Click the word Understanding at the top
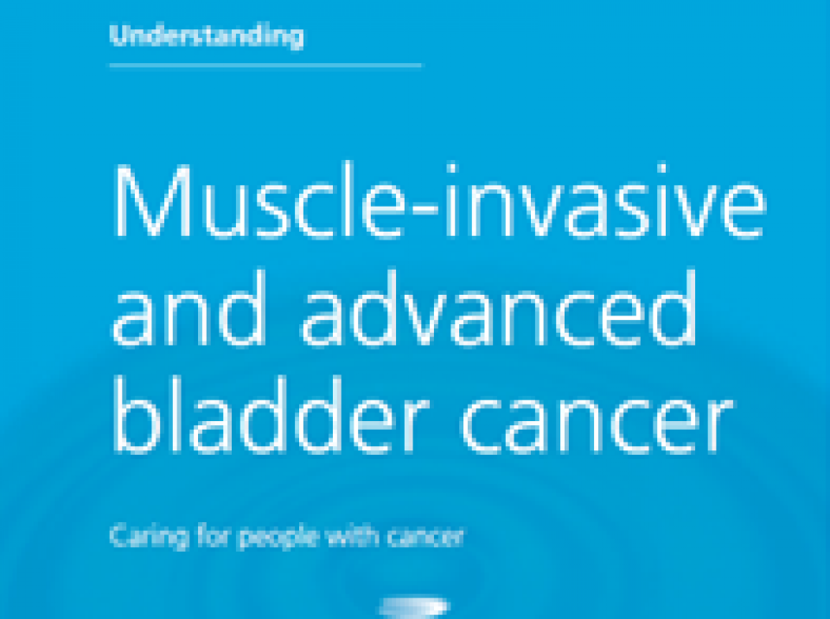pos(207,36)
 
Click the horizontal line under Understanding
pos(265,66)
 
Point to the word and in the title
pos(189,307)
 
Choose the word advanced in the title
pos(499,307)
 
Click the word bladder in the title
pos(271,415)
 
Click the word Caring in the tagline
pos(149,537)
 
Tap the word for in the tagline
pos(213,536)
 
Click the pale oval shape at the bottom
pos(414,607)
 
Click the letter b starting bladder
pos(137,415)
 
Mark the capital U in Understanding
pos(119,35)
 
